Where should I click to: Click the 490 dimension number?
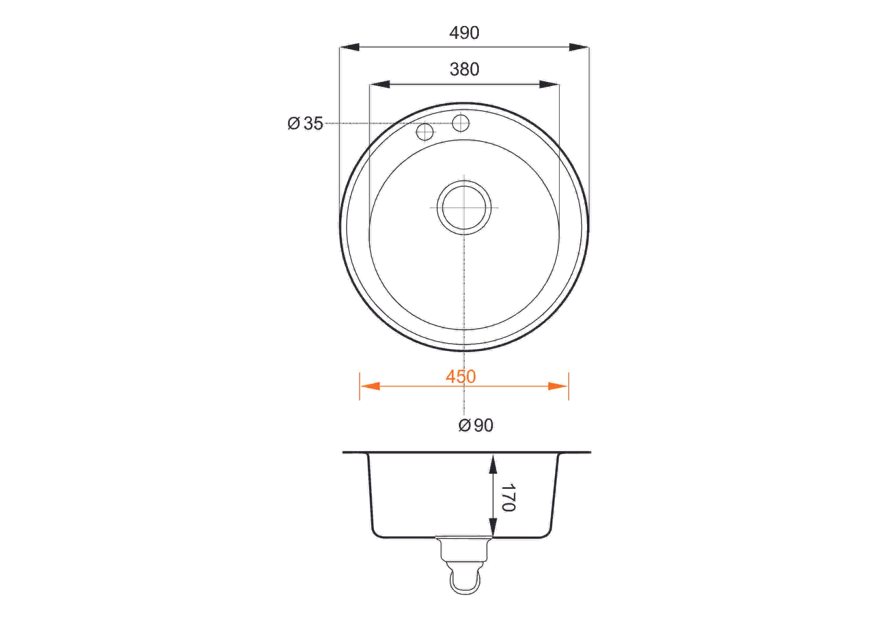[x=464, y=33]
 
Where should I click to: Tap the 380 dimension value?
[x=464, y=69]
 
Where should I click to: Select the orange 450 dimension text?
[x=461, y=377]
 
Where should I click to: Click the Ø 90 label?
[x=476, y=425]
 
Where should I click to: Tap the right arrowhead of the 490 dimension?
[x=579, y=47]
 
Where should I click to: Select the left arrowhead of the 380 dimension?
[x=379, y=84]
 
